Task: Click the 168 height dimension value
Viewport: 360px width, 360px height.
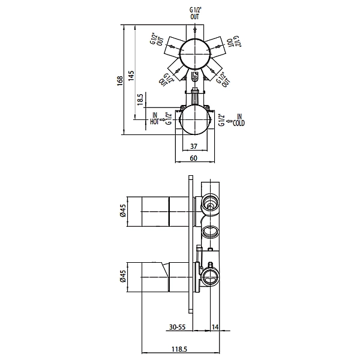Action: click(120, 81)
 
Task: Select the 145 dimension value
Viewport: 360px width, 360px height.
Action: click(131, 76)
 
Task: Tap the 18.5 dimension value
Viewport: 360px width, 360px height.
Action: click(140, 99)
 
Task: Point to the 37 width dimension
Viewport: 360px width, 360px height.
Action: click(194, 146)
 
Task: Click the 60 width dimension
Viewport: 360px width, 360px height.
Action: click(194, 158)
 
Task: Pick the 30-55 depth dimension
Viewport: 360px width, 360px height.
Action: click(177, 327)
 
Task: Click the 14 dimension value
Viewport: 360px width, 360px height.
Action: click(215, 327)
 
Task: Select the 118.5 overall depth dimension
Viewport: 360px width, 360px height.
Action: click(179, 349)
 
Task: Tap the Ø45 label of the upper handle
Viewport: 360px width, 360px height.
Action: click(123, 211)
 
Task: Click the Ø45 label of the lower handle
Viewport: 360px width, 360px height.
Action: click(123, 276)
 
